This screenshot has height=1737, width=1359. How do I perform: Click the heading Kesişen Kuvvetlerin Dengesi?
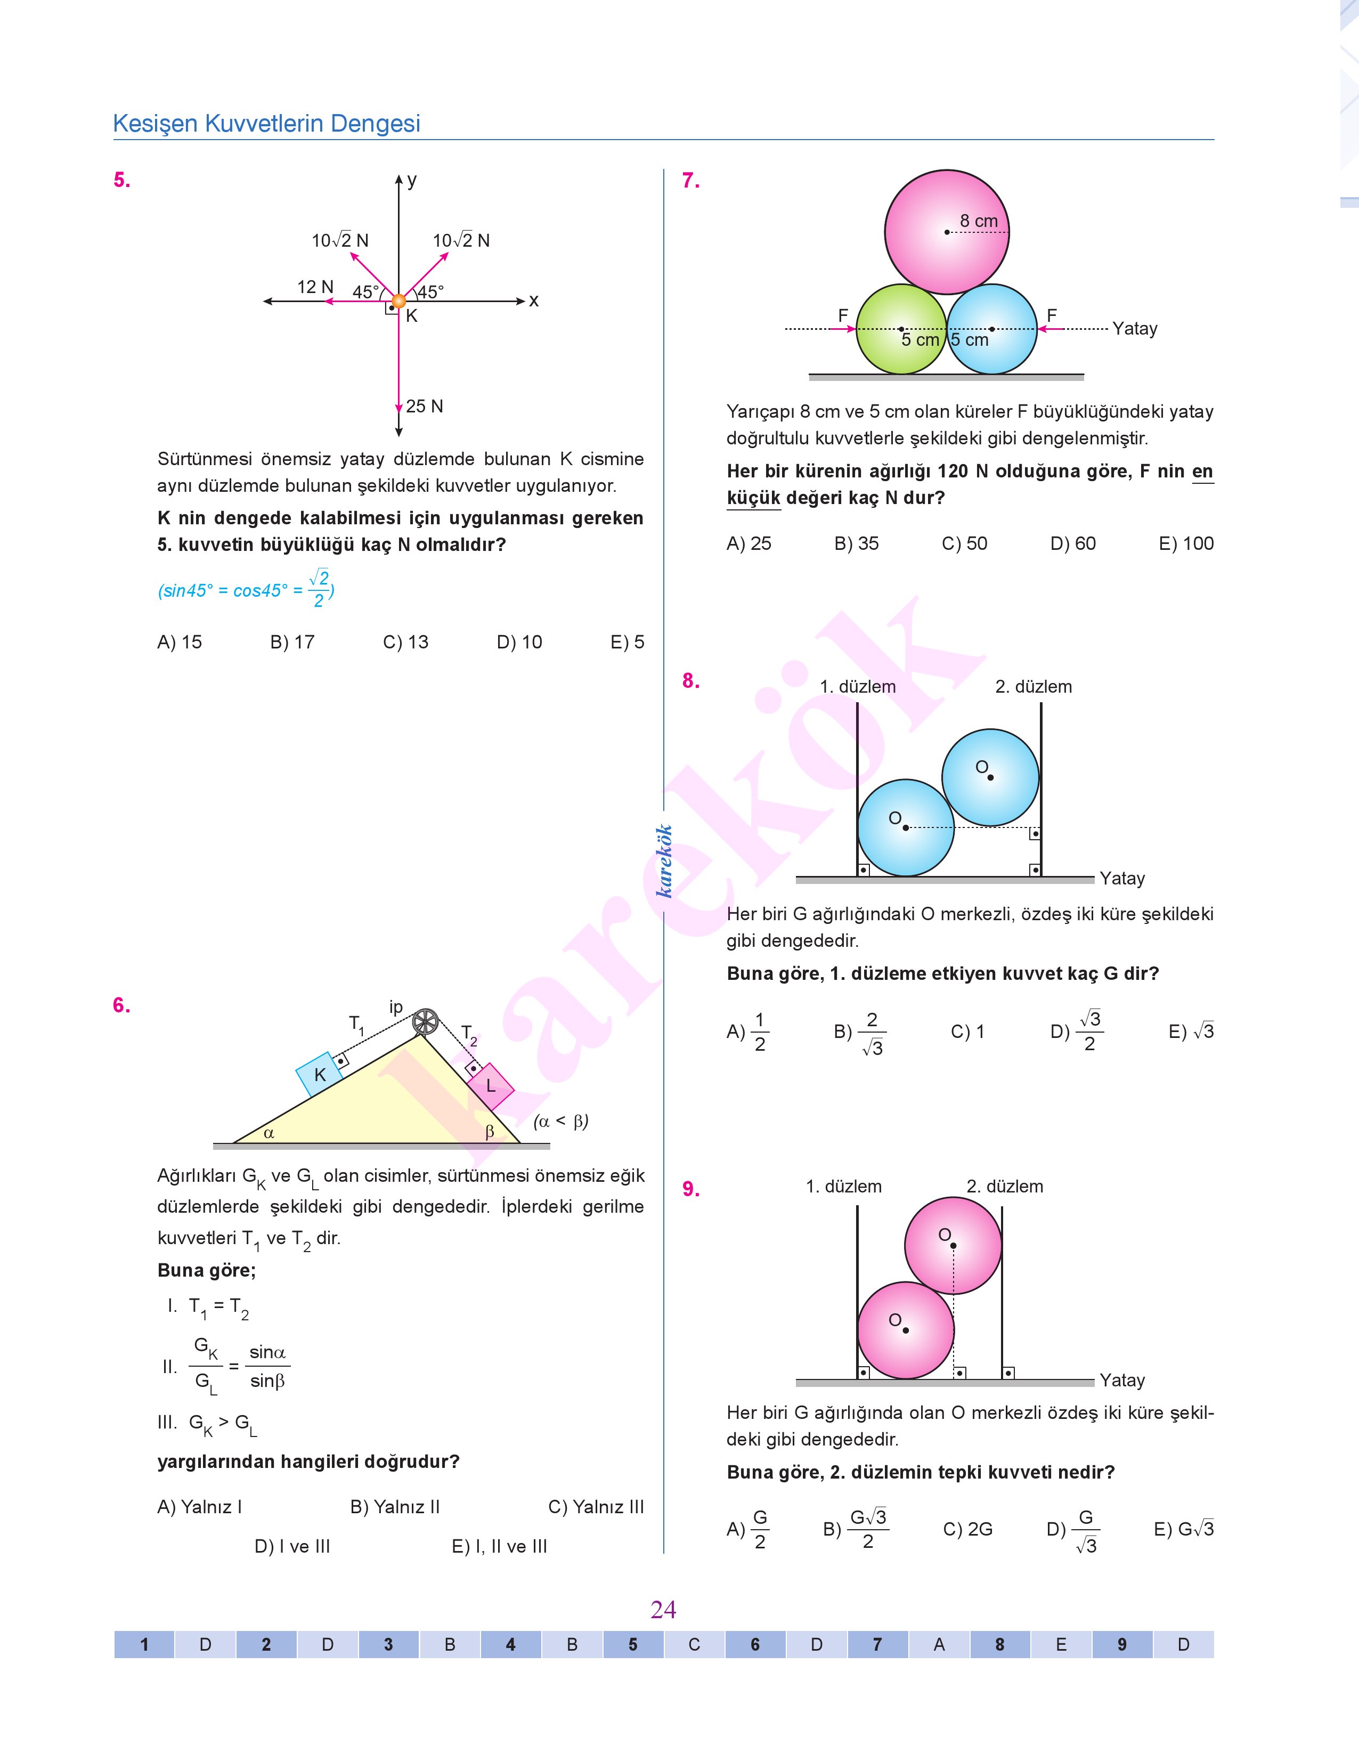click(x=266, y=123)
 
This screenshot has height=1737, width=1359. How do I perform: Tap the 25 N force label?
click(x=424, y=407)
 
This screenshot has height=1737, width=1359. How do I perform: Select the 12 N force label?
click(x=315, y=287)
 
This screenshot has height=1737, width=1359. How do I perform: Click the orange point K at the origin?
click(x=398, y=301)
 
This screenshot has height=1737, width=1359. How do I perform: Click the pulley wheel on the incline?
click(x=426, y=1021)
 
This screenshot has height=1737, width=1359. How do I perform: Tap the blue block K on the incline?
click(x=319, y=1074)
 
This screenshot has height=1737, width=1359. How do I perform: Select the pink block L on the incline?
click(x=490, y=1085)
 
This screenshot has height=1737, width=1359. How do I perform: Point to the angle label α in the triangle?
click(x=269, y=1132)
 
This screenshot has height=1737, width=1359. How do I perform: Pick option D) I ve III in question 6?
click(x=292, y=1546)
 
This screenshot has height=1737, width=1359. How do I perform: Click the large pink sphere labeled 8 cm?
click(x=946, y=231)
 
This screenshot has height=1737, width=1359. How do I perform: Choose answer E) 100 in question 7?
click(x=1185, y=543)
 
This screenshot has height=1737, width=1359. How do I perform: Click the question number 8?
click(x=690, y=681)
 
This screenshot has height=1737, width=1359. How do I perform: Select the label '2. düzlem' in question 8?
click(x=1033, y=687)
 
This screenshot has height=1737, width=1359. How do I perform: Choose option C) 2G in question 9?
click(x=967, y=1529)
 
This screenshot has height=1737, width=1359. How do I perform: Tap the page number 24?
click(x=663, y=1610)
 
